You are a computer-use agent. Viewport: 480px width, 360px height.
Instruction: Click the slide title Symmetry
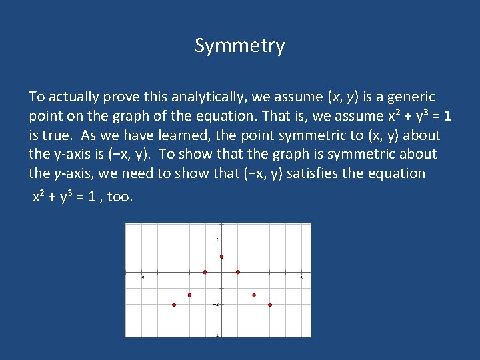click(240, 46)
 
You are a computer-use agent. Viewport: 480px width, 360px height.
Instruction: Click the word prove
click(119, 97)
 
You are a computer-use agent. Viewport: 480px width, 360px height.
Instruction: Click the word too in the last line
click(120, 197)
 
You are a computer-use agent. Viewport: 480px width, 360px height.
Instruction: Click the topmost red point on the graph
click(221, 257)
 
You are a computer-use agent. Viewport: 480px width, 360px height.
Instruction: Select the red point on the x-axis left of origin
click(205, 272)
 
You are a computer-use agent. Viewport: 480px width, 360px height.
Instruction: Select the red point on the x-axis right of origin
click(238, 272)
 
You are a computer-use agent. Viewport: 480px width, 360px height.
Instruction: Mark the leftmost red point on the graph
click(174, 305)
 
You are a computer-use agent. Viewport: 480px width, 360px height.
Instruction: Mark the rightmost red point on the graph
click(270, 305)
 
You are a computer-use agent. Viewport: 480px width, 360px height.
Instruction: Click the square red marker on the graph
click(189, 295)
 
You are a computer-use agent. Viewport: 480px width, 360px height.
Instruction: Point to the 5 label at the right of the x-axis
click(301, 277)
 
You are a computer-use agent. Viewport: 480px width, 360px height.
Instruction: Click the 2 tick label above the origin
click(218, 239)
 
